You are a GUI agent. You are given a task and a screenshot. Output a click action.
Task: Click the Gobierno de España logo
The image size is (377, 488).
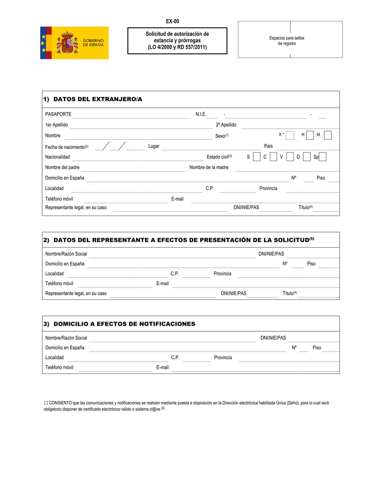74,43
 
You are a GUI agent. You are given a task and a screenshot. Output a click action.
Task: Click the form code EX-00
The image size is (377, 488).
173,21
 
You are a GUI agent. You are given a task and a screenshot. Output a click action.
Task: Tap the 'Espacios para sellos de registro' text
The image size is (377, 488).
287,41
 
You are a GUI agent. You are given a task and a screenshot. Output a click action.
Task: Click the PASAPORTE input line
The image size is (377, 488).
131,115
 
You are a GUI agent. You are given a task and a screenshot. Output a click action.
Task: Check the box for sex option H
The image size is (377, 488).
310,135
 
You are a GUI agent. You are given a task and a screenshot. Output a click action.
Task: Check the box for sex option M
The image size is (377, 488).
327,135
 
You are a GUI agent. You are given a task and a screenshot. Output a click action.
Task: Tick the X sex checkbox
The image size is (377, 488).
290,135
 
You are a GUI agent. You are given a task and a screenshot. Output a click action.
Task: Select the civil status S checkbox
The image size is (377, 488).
256,157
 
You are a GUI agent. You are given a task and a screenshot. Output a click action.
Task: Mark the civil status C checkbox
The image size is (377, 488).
273,157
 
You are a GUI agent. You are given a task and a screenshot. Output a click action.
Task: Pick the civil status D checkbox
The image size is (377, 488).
306,157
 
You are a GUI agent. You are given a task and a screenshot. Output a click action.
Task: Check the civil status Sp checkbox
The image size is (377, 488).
323,157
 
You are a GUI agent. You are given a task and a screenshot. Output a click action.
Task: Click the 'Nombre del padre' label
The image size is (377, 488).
62,168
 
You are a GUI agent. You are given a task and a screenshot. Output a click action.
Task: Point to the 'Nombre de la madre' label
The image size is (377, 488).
209,168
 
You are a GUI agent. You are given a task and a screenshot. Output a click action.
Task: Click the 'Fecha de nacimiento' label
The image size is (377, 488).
65,147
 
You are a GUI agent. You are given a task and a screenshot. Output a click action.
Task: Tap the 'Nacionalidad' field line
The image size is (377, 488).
137,157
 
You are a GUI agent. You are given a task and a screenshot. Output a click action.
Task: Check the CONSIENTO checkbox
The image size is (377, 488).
46,403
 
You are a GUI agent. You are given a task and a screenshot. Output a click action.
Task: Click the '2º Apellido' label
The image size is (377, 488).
226,125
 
